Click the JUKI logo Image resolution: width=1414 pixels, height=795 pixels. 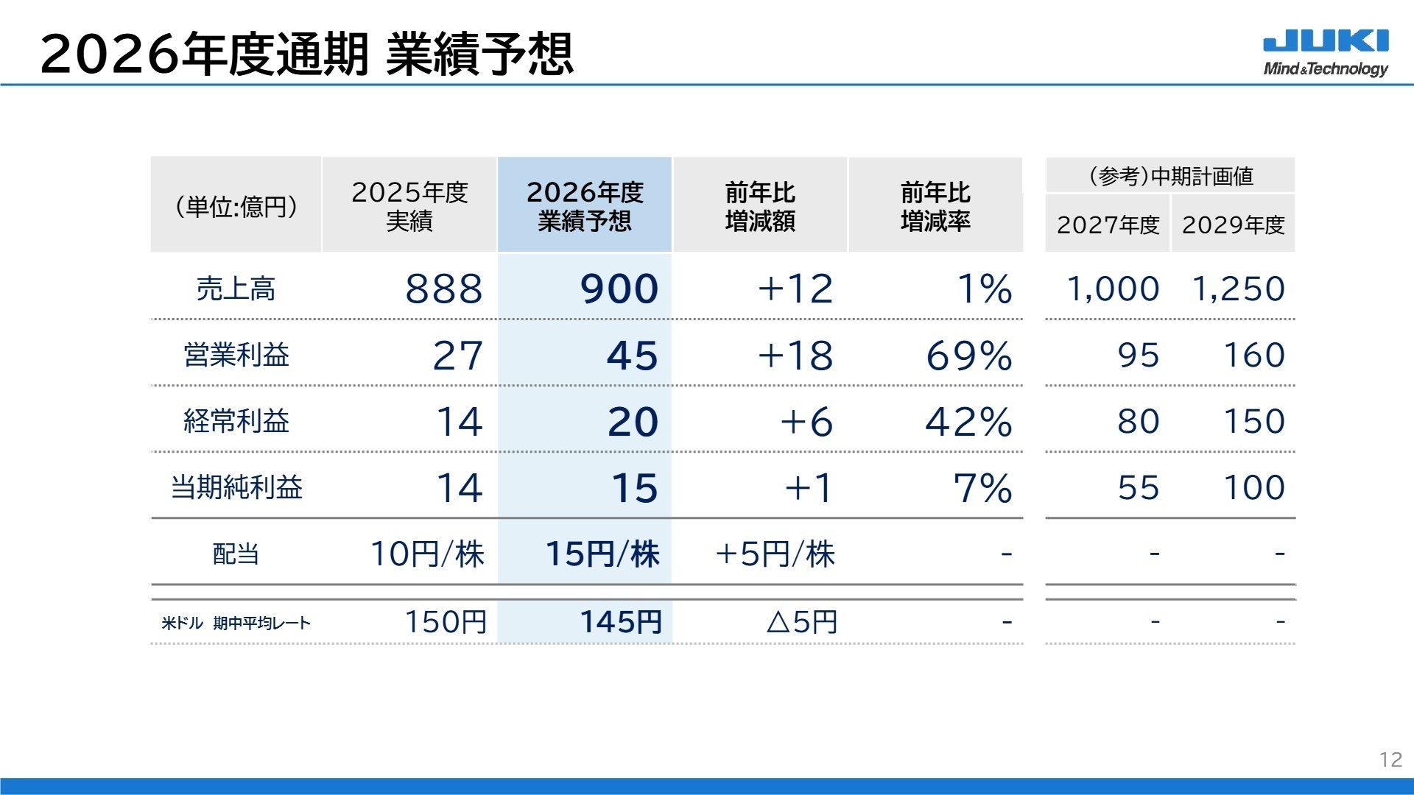point(1326,52)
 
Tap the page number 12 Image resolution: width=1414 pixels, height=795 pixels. point(1390,760)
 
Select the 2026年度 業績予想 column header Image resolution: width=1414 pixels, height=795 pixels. point(585,206)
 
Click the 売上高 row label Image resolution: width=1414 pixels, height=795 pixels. point(236,289)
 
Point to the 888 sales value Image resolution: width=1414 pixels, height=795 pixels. point(443,289)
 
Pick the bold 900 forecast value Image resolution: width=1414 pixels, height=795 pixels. point(619,289)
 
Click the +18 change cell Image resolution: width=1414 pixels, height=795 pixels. point(795,356)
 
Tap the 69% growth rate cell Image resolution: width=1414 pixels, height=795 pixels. point(969,356)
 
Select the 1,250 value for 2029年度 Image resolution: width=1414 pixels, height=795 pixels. point(1239,289)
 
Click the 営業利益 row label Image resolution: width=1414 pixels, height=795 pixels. point(236,356)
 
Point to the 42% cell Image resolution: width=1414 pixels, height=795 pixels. point(969,422)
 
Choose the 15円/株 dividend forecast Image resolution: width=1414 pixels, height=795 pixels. point(602,554)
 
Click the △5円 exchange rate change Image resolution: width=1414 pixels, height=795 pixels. point(802,622)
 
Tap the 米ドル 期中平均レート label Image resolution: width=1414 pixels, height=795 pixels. point(236,623)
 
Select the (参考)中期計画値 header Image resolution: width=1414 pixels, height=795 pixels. point(1170,176)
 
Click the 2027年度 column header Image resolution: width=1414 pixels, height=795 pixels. point(1108,225)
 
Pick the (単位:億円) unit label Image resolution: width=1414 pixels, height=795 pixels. point(236,206)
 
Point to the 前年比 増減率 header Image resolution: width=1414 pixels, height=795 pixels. point(935,206)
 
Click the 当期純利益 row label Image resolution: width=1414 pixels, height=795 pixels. point(236,487)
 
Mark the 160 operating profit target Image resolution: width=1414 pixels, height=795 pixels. point(1254,356)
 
